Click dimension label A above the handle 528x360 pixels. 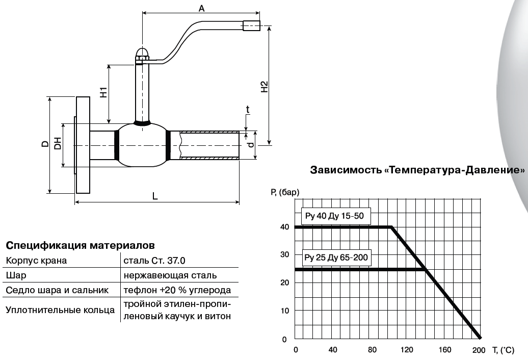click(x=201, y=8)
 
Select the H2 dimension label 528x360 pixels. click(x=264, y=87)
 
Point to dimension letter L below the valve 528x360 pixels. click(x=155, y=196)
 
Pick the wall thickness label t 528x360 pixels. click(x=248, y=109)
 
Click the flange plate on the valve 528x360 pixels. click(x=83, y=145)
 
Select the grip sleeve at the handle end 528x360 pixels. click(x=251, y=26)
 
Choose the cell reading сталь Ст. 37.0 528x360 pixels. click(x=154, y=261)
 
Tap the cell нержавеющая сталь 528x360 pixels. click(x=170, y=275)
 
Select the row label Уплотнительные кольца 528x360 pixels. click(x=60, y=310)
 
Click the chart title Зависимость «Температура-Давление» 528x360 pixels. click(x=417, y=170)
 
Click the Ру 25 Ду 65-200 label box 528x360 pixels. click(x=335, y=257)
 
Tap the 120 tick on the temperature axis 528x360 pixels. click(x=407, y=350)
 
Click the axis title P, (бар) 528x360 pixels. click(x=285, y=192)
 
